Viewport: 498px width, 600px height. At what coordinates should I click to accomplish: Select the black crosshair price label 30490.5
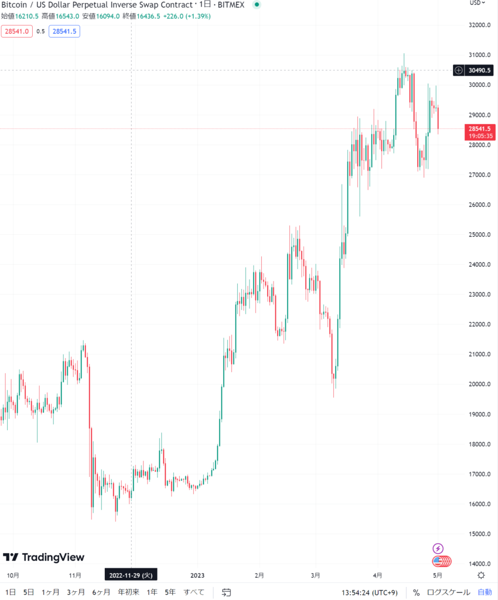(480, 70)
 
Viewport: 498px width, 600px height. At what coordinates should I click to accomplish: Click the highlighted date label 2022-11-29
(131, 575)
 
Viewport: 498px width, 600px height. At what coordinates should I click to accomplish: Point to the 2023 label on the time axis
(197, 575)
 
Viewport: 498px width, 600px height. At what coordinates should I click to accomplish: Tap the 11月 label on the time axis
(75, 575)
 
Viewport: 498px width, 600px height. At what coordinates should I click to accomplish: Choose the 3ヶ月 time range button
(76, 592)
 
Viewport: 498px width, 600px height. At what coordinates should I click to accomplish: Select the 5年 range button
(170, 592)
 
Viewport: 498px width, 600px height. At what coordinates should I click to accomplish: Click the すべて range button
(194, 592)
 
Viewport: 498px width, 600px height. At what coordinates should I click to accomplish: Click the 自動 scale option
(485, 592)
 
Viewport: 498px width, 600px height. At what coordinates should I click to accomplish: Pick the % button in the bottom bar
(416, 592)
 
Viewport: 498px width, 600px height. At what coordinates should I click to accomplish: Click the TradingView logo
(44, 557)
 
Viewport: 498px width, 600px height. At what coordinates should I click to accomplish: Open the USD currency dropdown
(477, 3)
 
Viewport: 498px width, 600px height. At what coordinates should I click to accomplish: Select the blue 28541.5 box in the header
(64, 32)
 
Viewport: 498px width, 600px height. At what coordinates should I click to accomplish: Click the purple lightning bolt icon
(438, 548)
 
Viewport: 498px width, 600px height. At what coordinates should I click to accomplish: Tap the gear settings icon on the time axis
(481, 575)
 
